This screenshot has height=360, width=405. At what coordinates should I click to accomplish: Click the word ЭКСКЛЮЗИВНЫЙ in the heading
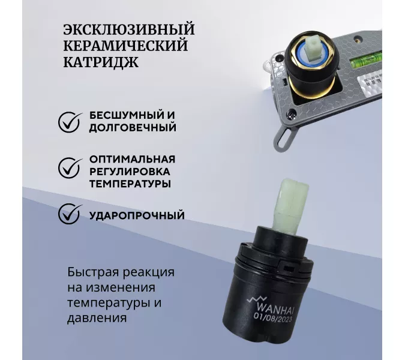click(x=129, y=29)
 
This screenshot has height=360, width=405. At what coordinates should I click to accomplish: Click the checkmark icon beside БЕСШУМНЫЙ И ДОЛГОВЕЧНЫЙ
click(x=70, y=121)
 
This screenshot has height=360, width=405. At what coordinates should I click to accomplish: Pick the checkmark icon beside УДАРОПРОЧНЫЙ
click(x=70, y=214)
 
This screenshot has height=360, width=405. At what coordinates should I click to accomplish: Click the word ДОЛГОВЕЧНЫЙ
click(x=133, y=128)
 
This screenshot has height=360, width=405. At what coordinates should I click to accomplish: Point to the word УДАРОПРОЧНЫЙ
click(x=137, y=215)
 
